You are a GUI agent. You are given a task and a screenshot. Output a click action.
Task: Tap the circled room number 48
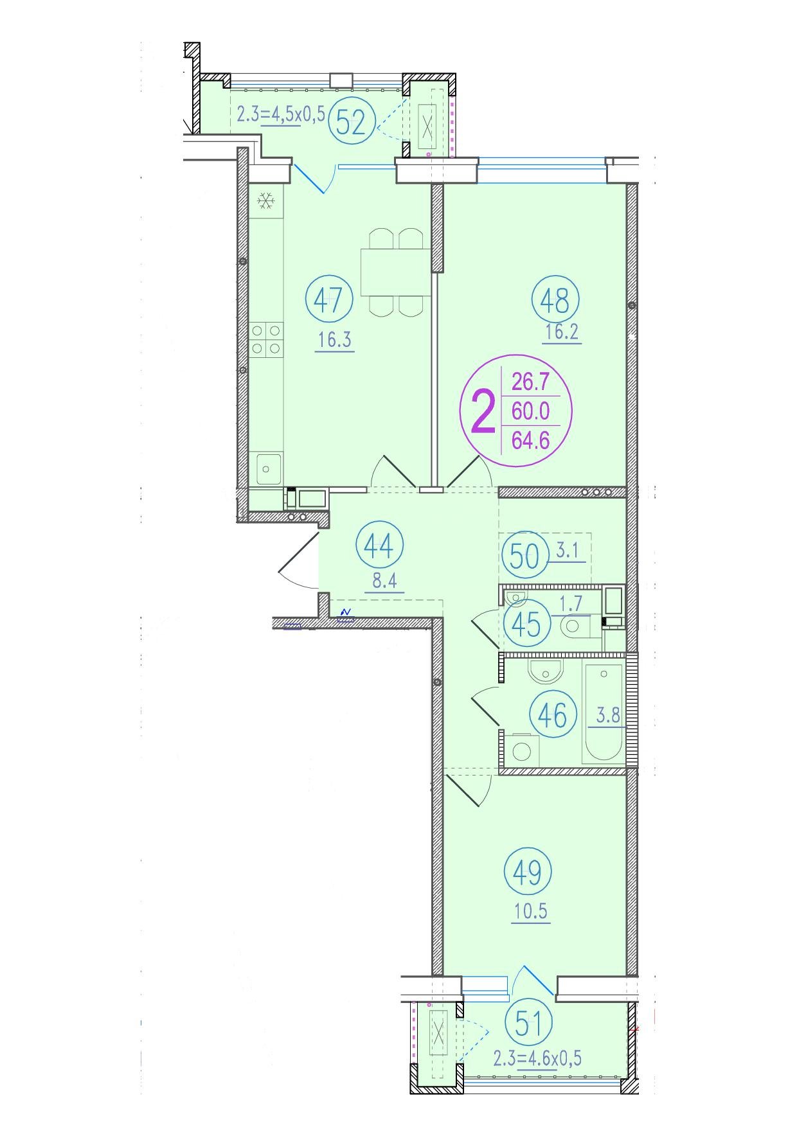[x=555, y=299]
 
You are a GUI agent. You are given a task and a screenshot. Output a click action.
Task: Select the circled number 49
[x=528, y=872]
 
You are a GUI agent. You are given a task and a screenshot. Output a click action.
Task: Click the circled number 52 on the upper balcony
[x=352, y=121]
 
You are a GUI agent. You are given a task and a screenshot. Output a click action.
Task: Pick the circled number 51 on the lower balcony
[x=529, y=1024]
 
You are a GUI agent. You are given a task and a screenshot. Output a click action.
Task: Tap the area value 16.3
[x=334, y=339]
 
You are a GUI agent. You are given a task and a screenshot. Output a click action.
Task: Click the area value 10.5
[x=530, y=912]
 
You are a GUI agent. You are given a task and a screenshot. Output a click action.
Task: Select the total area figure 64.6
[x=530, y=440]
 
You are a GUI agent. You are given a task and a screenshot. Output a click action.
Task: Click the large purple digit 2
[x=484, y=413]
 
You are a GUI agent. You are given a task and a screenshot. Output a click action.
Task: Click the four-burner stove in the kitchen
[x=266, y=339]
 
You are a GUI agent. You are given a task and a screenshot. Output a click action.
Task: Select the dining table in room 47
[x=395, y=272]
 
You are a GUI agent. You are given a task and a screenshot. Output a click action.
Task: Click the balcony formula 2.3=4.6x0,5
[x=537, y=1058]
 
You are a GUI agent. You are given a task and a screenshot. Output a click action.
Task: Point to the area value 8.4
[x=384, y=581]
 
